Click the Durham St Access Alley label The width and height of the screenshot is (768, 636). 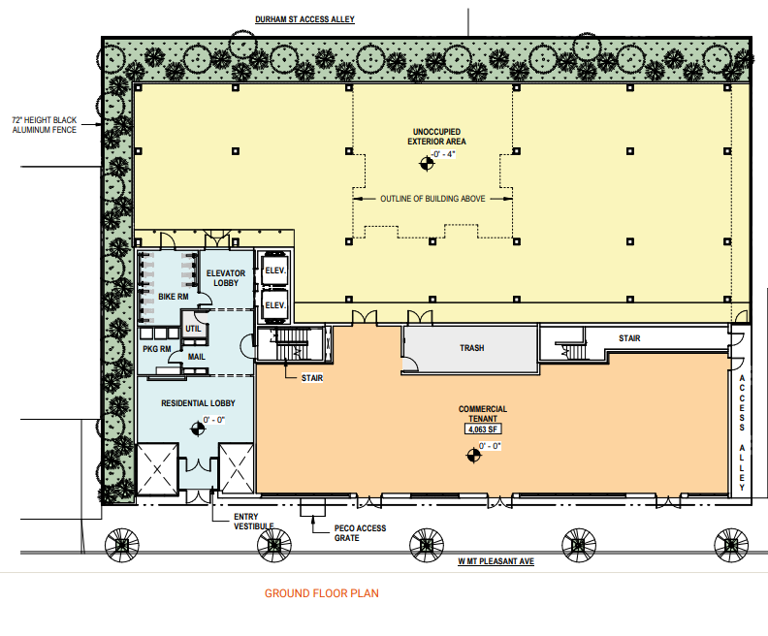[304, 19]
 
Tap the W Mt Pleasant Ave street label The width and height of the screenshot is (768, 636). [496, 561]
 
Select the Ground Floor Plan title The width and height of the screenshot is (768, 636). [322, 593]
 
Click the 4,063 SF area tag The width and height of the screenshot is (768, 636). [483, 429]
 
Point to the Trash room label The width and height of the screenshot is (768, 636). [471, 348]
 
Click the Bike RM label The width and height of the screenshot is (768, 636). [174, 297]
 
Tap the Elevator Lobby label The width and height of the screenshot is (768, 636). [226, 278]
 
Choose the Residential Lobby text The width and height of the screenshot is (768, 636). [199, 403]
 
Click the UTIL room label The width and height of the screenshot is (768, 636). [193, 329]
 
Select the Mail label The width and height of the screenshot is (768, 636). [197, 357]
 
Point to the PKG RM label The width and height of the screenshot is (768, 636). [157, 349]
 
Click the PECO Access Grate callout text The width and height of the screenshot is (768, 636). [360, 533]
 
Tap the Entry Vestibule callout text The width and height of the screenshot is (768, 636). [254, 522]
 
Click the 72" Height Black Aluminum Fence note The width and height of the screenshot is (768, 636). [44, 125]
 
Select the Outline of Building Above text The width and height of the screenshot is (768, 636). [433, 199]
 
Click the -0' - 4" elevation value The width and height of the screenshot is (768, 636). [443, 154]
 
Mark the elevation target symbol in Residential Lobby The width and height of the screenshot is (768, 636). [198, 429]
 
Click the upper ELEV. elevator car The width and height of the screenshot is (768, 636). [274, 270]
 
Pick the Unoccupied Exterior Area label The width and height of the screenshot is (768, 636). [437, 137]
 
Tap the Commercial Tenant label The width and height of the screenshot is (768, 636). [483, 414]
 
